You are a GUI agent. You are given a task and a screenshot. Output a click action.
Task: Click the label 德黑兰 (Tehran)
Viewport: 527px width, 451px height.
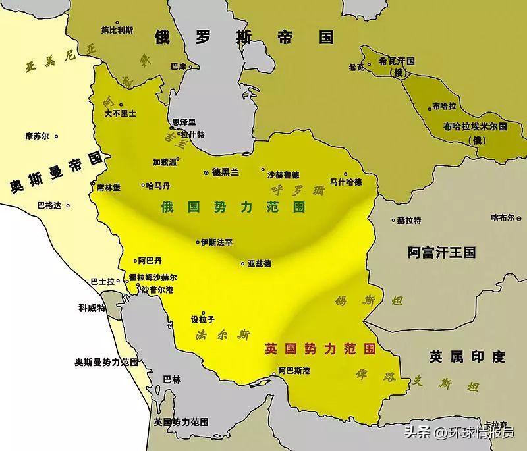point(225,171)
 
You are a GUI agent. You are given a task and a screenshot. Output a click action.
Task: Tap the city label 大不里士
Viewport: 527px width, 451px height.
point(121,113)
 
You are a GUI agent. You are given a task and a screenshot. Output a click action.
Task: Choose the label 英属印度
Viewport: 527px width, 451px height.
point(466,357)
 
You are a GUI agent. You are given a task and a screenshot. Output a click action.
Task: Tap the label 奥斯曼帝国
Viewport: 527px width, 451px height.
point(58,172)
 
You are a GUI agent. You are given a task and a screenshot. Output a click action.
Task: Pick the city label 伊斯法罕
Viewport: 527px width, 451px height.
point(217,242)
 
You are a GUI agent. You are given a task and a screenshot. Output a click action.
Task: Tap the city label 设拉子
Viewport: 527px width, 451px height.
point(202,319)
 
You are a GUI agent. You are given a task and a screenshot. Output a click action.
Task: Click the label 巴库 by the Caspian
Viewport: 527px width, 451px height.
point(179,66)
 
